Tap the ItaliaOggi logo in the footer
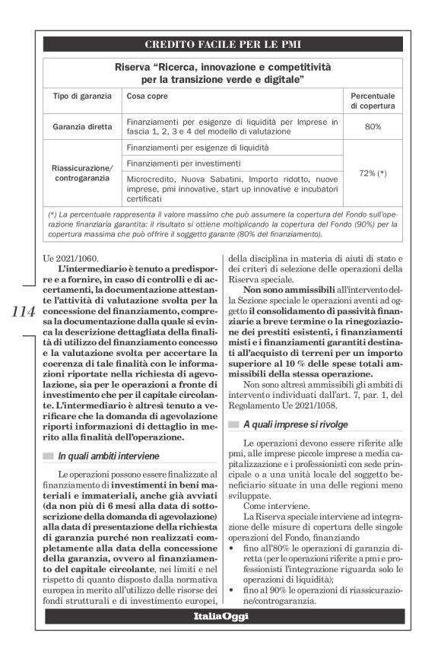pos(220,637)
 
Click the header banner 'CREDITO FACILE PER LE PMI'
pos(220,44)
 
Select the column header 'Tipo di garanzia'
pos(82,97)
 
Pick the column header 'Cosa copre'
pos(148,97)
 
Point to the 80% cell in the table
pos(373,126)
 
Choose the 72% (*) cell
pos(373,173)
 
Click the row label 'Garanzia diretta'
pos(82,126)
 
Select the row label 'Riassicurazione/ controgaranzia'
pos(82,173)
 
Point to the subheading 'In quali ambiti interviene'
pos(109,456)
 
